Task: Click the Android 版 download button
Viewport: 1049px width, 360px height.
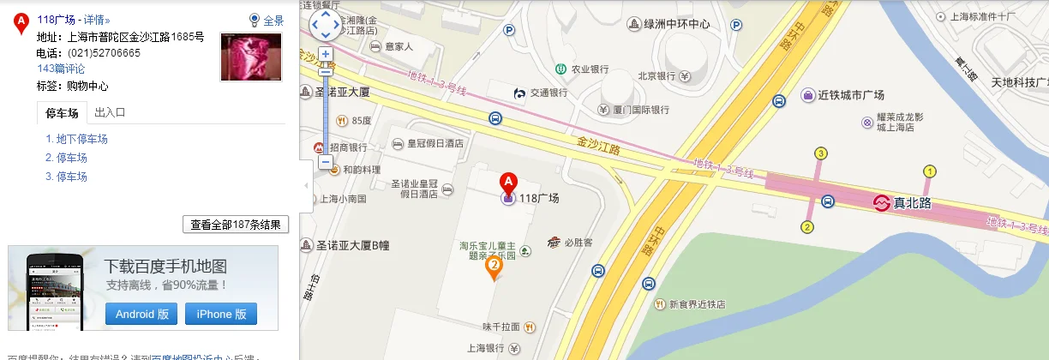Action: click(141, 314)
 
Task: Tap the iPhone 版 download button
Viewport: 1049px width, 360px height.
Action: click(221, 314)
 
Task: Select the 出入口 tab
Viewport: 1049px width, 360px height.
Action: click(111, 112)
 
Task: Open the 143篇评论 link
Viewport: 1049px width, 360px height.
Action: click(61, 69)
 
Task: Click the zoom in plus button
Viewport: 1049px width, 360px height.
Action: click(326, 53)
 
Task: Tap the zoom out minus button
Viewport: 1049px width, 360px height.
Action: click(326, 162)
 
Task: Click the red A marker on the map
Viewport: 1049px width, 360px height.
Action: click(507, 183)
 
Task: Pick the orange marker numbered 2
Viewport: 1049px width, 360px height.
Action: click(495, 267)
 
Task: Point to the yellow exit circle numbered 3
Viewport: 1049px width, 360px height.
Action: click(821, 153)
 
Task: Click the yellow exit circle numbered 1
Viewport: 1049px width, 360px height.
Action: click(929, 171)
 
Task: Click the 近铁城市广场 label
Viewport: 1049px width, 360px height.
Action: click(850, 95)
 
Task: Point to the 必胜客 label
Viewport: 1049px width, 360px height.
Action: click(578, 243)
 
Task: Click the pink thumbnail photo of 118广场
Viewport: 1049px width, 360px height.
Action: click(251, 57)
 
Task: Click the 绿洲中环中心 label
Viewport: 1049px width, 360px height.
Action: click(675, 24)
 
